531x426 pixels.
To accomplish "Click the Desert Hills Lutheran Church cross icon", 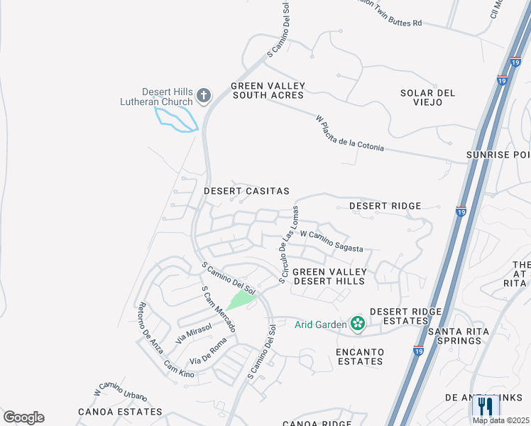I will click(204, 96).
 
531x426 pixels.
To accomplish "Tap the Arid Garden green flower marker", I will click(357, 324).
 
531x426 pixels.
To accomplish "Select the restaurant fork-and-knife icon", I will click(486, 406).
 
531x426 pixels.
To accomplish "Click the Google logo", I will click(23, 417).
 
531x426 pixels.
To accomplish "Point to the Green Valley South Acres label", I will click(267, 90).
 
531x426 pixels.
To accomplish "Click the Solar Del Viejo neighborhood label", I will click(427, 97).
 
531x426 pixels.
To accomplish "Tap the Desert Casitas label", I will click(246, 191).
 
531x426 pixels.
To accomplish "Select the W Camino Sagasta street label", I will click(332, 241).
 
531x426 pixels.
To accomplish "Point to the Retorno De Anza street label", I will click(150, 324).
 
